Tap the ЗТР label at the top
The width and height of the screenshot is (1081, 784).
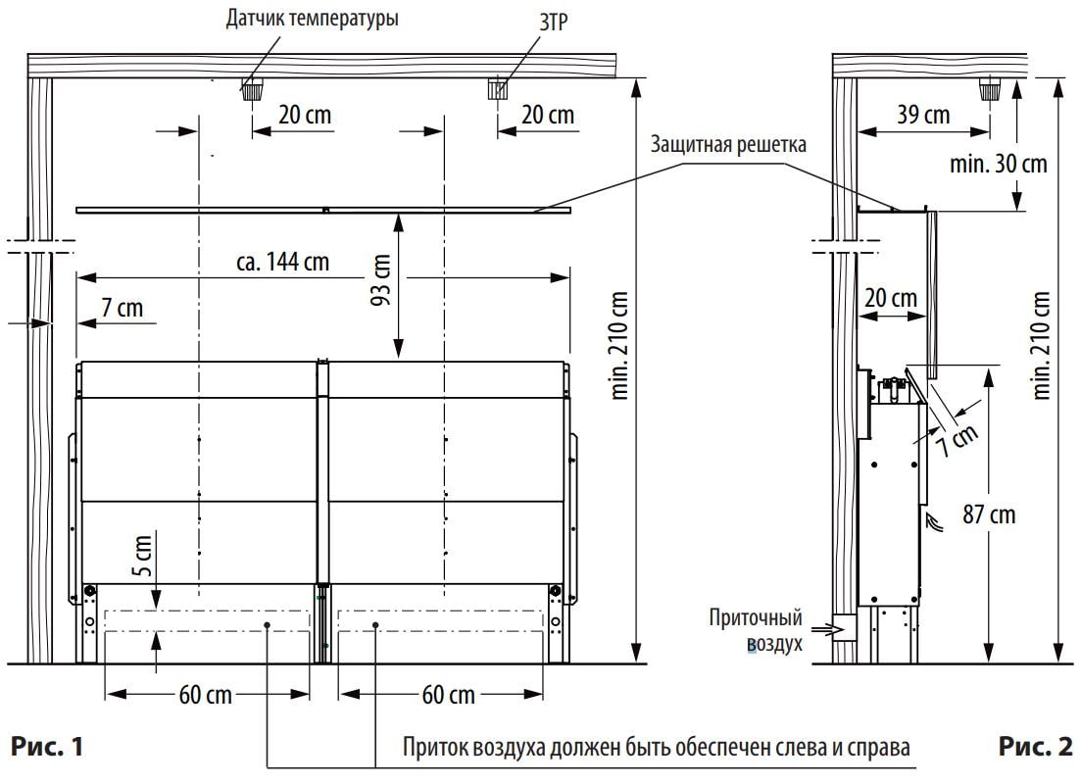pyautogui.click(x=553, y=19)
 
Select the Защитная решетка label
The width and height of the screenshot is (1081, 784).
pyautogui.click(x=728, y=146)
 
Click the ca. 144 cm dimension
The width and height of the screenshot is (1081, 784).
pyautogui.click(x=282, y=262)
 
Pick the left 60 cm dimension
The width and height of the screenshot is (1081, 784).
pyautogui.click(x=206, y=695)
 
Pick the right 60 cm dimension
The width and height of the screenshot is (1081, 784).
pyautogui.click(x=448, y=695)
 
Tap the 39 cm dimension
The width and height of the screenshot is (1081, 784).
pyautogui.click(x=923, y=115)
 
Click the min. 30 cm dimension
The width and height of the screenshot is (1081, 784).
pyautogui.click(x=998, y=163)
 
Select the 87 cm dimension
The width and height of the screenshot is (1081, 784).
pyautogui.click(x=989, y=514)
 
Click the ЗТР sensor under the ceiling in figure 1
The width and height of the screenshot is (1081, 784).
pyautogui.click(x=498, y=91)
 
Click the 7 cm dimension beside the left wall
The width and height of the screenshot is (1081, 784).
pyautogui.click(x=122, y=308)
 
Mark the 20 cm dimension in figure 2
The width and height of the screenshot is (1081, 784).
pyautogui.click(x=891, y=297)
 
